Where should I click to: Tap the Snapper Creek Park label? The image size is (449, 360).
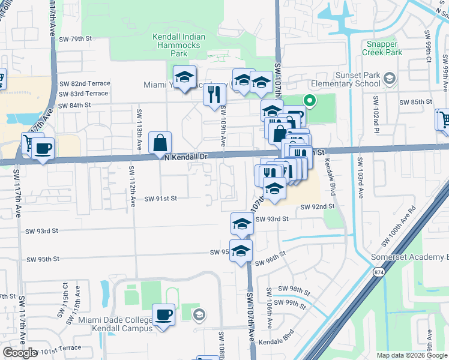pos(385,49)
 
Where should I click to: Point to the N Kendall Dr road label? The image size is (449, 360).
pos(186,156)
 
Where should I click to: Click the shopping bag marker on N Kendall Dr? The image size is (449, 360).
pos(160,144)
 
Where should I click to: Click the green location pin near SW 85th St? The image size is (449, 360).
pos(310,101)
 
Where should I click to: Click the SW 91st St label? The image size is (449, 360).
pos(161,198)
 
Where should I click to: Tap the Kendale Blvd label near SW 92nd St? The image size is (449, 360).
pos(330,177)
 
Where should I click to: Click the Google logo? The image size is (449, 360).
pos(19,353)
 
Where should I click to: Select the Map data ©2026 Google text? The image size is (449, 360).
pos(412,355)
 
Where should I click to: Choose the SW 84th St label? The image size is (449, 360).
pos(75,105)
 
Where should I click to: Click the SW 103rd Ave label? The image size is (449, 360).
pos(360,178)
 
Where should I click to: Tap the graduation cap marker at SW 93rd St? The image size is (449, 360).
pos(242,224)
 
